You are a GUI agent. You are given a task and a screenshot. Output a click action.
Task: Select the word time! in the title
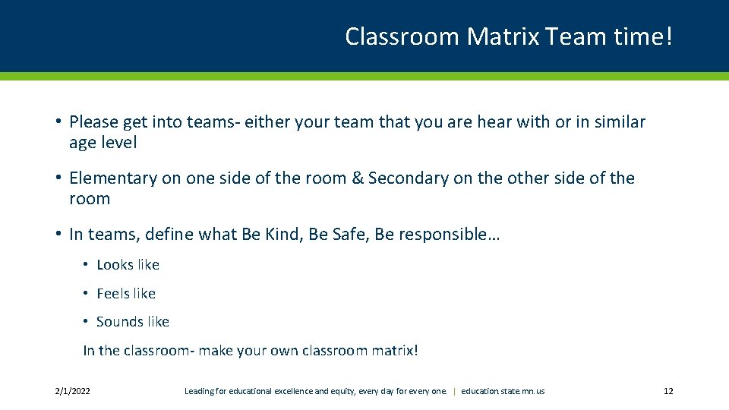(x=642, y=36)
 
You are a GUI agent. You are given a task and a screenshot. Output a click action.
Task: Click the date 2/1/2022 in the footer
(x=73, y=391)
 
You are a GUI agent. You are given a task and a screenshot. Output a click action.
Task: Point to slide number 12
(x=668, y=391)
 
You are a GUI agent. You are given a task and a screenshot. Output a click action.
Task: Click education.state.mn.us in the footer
(x=503, y=391)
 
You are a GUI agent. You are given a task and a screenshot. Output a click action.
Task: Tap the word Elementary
(x=113, y=178)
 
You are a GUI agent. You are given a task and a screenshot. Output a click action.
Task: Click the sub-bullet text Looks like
(x=128, y=265)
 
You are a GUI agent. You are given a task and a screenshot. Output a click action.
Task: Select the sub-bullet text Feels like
(x=126, y=293)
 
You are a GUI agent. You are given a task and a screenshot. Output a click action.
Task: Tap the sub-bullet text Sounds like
(x=133, y=322)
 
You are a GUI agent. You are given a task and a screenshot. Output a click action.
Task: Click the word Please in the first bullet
(x=93, y=121)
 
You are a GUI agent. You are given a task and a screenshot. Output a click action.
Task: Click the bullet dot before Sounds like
(x=87, y=322)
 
